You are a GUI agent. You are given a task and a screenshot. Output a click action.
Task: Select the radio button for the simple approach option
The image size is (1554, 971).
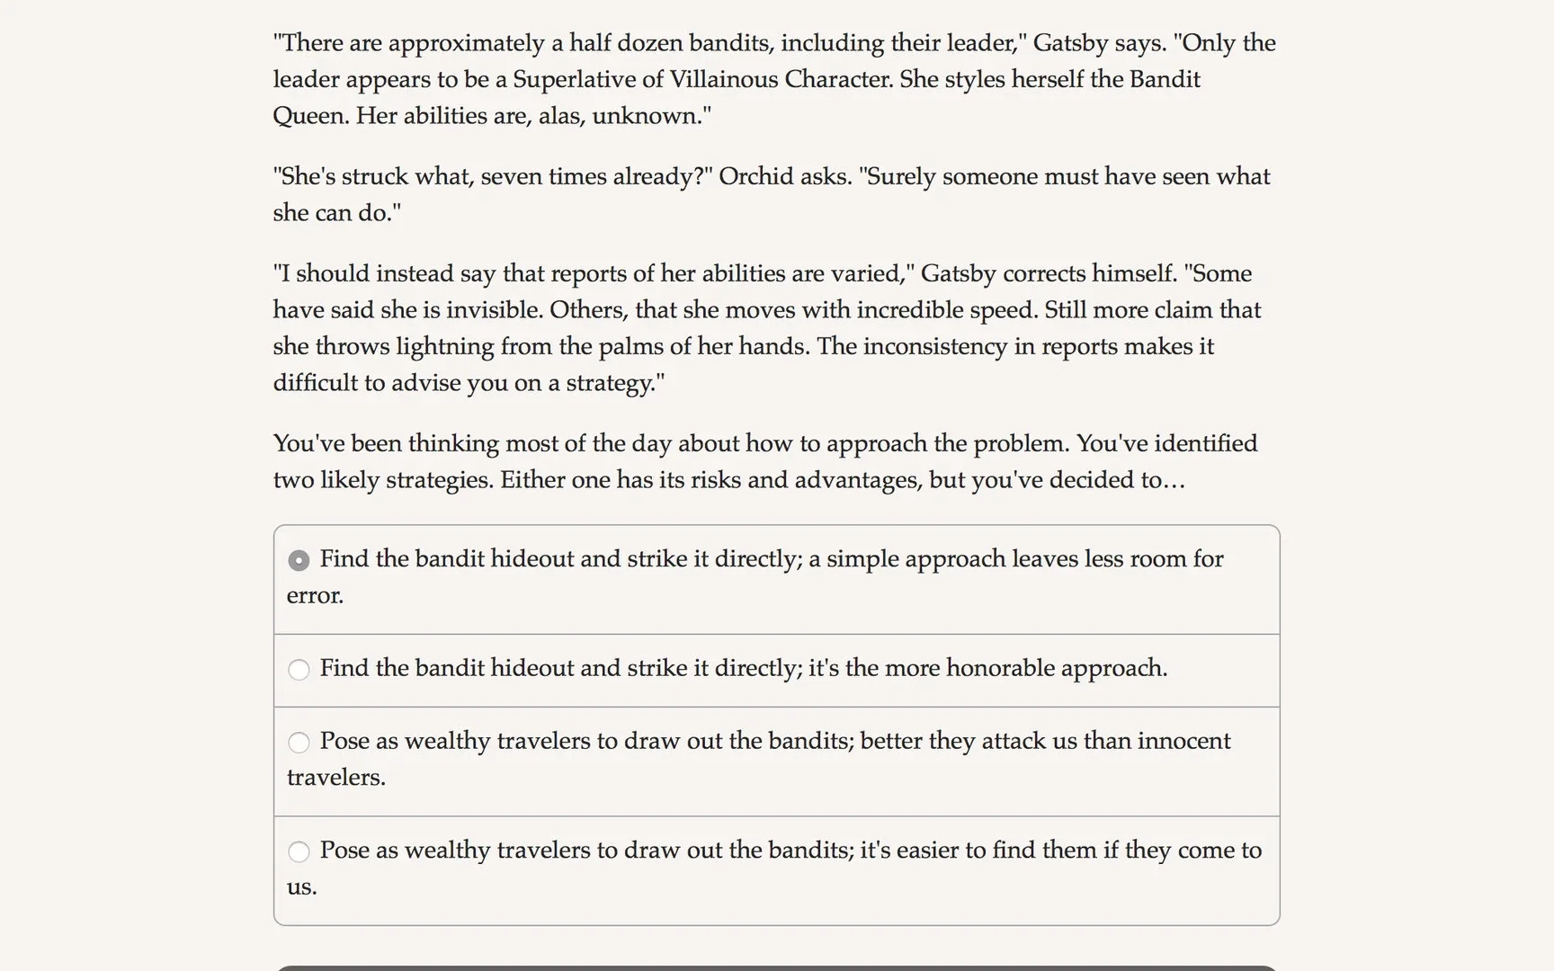pos(299,560)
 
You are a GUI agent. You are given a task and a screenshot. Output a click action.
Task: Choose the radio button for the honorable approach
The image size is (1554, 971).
pos(299,670)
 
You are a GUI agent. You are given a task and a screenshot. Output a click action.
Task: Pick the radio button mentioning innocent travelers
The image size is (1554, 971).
pos(299,743)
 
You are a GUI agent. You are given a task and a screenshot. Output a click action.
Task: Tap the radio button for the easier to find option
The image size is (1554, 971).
pos(299,851)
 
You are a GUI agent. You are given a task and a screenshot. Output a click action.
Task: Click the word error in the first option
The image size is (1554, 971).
pos(314,596)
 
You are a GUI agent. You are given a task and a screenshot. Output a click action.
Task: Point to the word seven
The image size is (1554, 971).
pos(512,176)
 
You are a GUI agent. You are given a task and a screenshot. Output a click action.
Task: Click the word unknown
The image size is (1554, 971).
pos(649,116)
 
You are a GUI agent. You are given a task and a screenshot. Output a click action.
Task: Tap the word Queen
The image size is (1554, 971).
pos(310,116)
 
